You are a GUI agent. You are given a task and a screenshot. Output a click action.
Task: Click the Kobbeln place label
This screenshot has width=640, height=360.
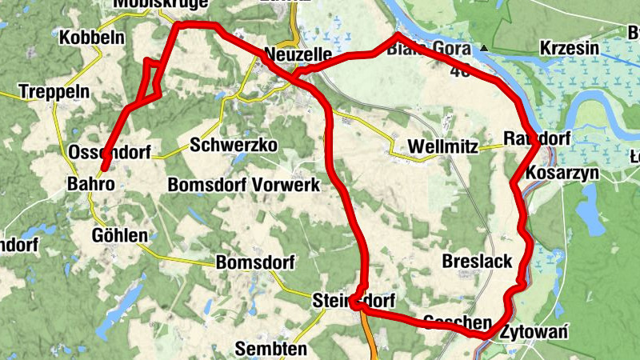pos(90,38)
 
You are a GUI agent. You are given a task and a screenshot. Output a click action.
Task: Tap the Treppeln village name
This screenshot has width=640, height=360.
pos(54,91)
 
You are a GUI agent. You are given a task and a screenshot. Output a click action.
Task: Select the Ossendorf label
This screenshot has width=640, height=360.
pos(110,152)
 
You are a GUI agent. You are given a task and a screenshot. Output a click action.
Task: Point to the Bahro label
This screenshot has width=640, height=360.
pos(90,185)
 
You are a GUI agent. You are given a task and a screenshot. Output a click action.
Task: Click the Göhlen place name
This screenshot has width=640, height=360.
pos(120,235)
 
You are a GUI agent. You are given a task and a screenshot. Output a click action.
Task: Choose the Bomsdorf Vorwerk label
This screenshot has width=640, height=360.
pos(243,185)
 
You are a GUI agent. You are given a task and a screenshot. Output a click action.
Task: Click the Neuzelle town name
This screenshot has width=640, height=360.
pos(298,54)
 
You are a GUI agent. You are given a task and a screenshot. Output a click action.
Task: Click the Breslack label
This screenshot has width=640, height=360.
pos(477,262)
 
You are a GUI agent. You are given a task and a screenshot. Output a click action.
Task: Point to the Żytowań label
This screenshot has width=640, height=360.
pos(534,333)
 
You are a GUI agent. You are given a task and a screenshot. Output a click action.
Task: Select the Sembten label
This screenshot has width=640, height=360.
pos(271,349)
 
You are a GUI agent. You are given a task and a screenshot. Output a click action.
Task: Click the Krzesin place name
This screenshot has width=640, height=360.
pos(570,49)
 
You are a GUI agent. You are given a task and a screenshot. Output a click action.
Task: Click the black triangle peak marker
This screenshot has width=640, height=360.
pos(484,48)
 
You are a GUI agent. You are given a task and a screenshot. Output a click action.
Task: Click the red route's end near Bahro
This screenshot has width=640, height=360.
pos(102,170)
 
